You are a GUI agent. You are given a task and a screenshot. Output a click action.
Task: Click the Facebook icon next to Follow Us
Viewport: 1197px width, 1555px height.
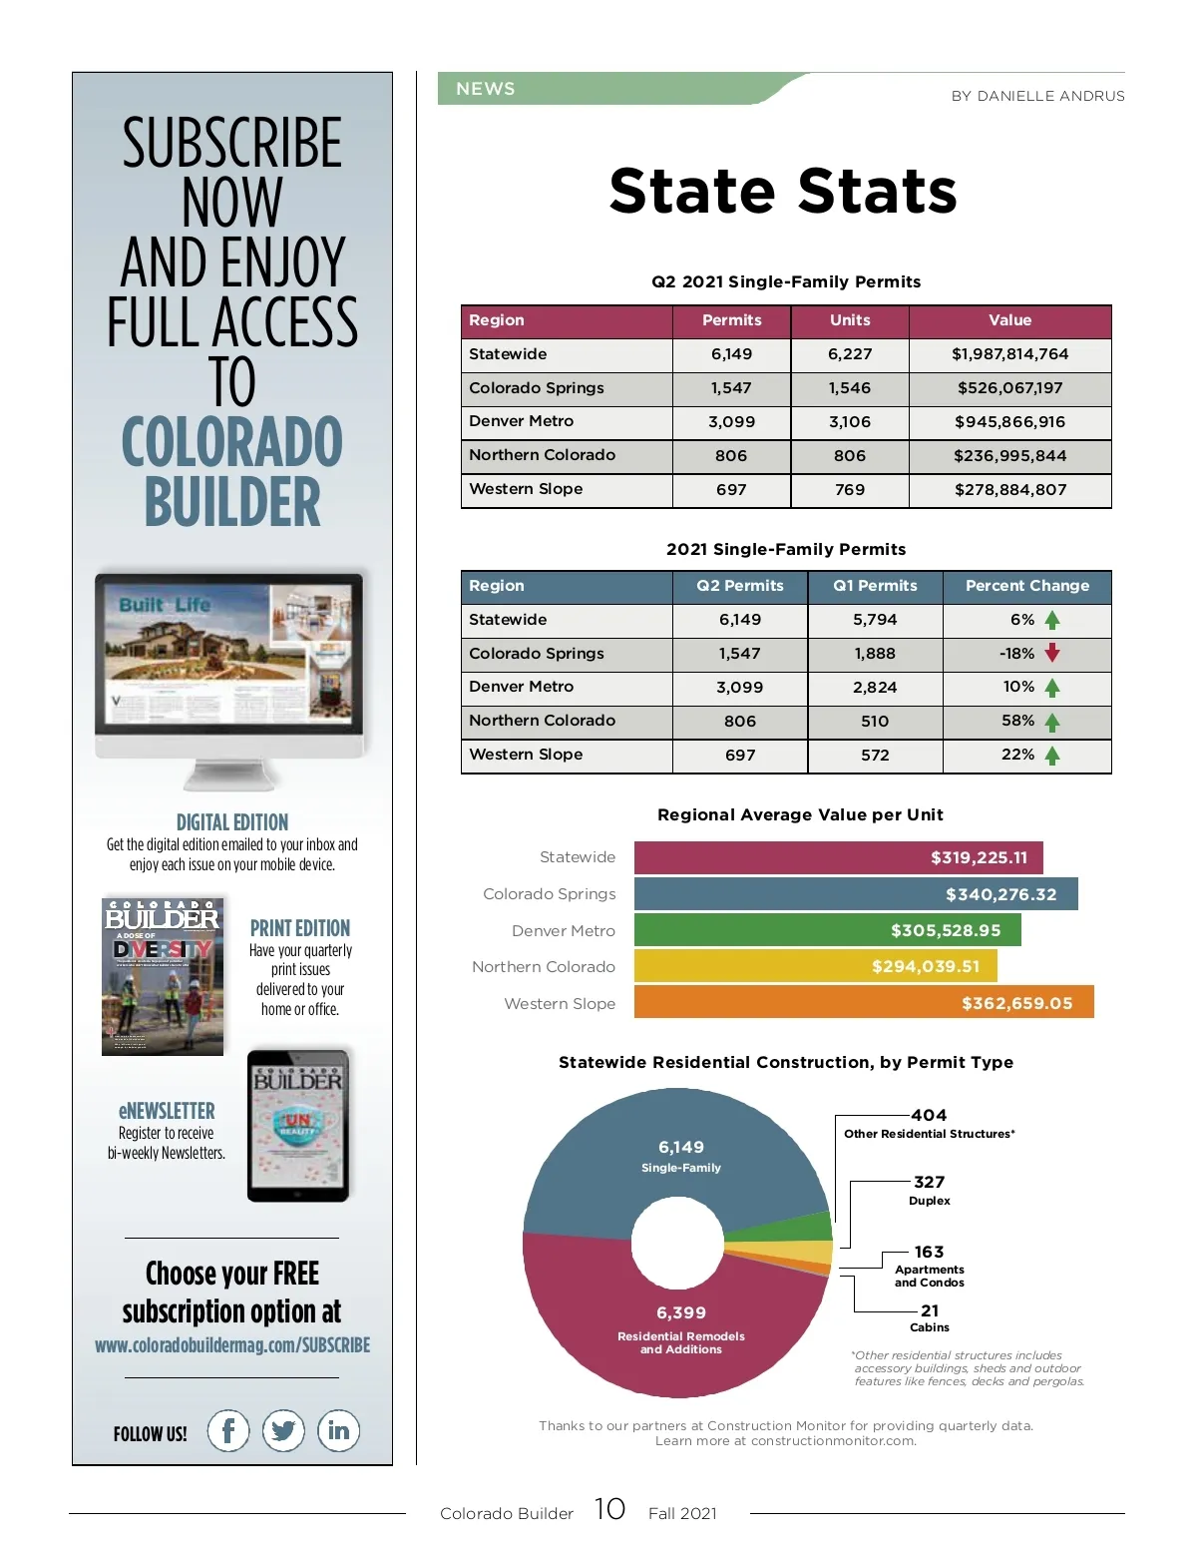pos(228,1431)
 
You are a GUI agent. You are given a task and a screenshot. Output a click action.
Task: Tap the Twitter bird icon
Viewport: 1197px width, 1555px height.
pos(283,1431)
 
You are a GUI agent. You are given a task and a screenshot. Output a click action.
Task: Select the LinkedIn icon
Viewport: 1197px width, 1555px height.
pos(338,1431)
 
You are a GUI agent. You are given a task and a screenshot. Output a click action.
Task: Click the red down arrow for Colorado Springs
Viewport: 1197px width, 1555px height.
pos(1052,654)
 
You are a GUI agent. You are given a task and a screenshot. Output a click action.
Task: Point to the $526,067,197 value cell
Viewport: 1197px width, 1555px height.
pos(1009,388)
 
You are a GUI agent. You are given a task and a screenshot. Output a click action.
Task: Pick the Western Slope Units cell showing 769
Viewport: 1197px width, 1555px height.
pos(850,490)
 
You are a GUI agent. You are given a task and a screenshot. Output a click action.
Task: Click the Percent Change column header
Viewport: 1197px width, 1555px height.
pos(1026,586)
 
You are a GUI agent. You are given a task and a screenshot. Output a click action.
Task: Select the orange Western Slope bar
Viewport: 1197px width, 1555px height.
pos(864,1002)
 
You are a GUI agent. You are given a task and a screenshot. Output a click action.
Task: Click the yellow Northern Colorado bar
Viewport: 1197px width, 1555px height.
pos(815,966)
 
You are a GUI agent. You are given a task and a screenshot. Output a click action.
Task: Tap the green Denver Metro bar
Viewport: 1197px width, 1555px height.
pos(827,930)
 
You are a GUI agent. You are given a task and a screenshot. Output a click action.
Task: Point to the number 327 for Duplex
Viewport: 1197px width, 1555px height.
pos(929,1182)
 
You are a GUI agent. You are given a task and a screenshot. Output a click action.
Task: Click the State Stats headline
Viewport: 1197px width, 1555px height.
pos(783,191)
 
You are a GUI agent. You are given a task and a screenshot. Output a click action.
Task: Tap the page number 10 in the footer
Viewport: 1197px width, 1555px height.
pos(609,1509)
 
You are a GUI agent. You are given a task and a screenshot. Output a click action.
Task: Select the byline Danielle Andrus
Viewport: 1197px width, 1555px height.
pos(1037,96)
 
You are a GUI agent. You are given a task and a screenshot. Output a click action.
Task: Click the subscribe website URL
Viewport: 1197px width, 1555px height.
pos(232,1345)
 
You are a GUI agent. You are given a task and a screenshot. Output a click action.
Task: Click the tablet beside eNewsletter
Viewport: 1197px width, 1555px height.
pos(298,1125)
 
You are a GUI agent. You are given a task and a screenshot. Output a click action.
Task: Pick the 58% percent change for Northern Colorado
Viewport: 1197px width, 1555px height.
pos(1017,721)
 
